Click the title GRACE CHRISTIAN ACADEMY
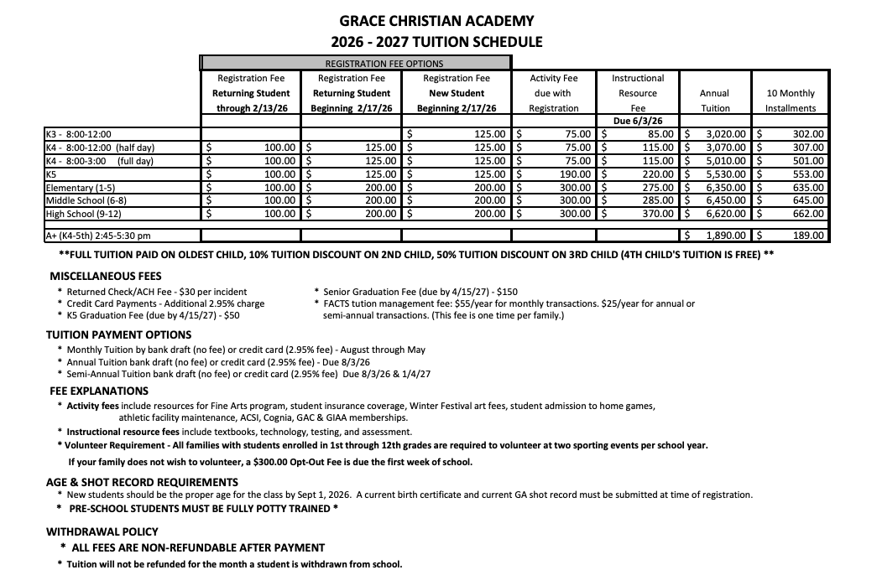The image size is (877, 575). pyautogui.click(x=436, y=21)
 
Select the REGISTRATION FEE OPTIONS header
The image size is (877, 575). pyautogui.click(x=384, y=63)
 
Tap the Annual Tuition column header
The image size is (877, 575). pyautogui.click(x=714, y=101)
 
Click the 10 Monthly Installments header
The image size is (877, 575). pyautogui.click(x=791, y=101)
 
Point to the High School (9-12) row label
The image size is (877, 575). pyautogui.click(x=82, y=214)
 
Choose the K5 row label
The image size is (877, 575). pyautogui.click(x=51, y=174)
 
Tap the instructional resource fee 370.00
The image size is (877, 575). pyautogui.click(x=657, y=214)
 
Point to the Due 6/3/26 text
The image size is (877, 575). pyautogui.click(x=638, y=121)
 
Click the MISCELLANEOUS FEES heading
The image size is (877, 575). pyautogui.click(x=106, y=276)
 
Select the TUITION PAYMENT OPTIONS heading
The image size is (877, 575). pyautogui.click(x=119, y=334)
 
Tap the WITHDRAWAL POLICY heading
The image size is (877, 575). pyautogui.click(x=102, y=531)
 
